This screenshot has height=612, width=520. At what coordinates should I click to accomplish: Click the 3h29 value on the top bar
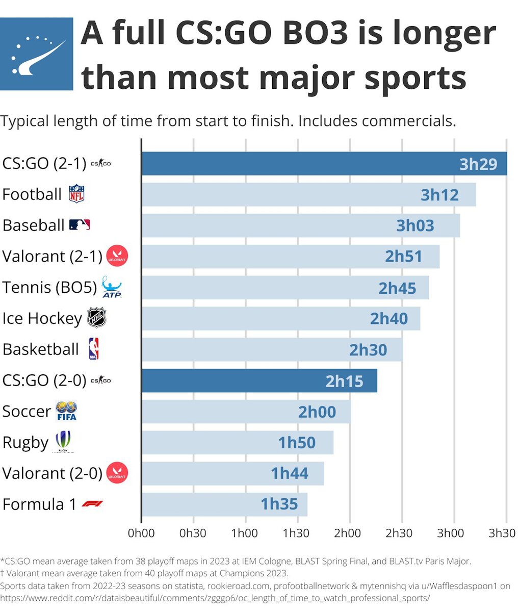point(478,164)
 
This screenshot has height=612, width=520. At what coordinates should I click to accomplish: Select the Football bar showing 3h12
point(308,194)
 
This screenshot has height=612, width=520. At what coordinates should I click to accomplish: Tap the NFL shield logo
point(76,194)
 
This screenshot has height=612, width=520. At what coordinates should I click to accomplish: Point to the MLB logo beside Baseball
point(80,225)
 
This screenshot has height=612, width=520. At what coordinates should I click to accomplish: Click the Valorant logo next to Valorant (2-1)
point(117,256)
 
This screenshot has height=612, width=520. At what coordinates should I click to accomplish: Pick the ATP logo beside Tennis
point(112,287)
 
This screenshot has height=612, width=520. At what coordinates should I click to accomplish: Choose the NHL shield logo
point(96,318)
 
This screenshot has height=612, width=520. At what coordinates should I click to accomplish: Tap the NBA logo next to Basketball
point(93,349)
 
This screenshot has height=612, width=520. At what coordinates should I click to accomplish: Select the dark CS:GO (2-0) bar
point(259,380)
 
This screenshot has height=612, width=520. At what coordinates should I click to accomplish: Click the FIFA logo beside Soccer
point(66,411)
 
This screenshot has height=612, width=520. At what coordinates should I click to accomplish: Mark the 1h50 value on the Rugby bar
point(297,443)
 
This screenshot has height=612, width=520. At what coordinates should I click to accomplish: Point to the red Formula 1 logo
point(92,504)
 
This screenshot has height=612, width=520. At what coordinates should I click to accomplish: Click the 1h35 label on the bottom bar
point(279,504)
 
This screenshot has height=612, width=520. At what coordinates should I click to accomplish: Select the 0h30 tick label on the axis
point(193,533)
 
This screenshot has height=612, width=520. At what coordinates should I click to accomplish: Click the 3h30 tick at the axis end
point(502,533)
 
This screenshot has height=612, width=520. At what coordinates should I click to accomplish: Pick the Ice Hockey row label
point(42,318)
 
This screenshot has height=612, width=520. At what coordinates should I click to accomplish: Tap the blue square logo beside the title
point(37,54)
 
